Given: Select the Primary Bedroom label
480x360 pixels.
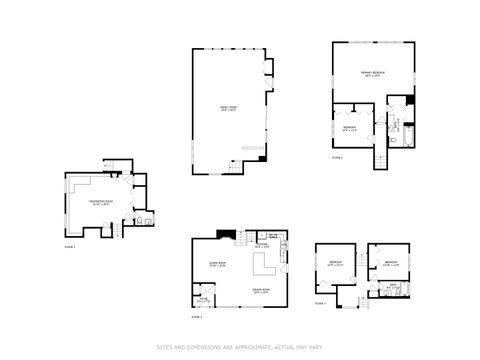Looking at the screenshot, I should coord(372,74).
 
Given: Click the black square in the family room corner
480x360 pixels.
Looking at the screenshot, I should coord(262,156).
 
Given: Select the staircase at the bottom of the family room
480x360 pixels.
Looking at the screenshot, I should coord(236,168).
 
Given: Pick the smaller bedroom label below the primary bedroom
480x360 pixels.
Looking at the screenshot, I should coord(350,127).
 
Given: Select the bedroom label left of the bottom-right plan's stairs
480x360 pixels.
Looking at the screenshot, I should coord(334,264).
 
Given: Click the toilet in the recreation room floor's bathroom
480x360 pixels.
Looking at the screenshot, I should coord(147,220).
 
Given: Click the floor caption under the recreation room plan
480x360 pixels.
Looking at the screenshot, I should coord(70,245).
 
